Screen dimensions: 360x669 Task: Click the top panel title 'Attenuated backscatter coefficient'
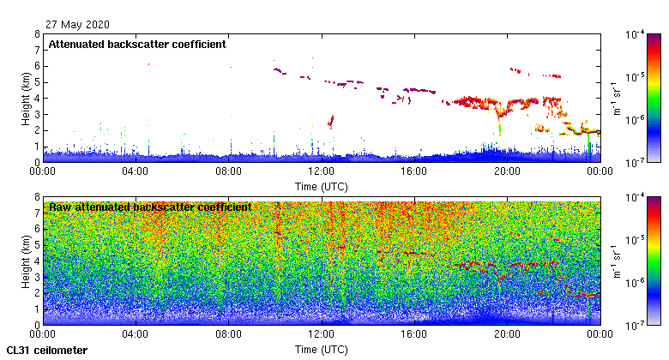(x=137, y=44)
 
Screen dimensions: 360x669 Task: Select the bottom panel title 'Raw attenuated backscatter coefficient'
(x=150, y=207)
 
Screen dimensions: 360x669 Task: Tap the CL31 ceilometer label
(x=47, y=351)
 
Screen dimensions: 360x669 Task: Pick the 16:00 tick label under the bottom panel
(x=414, y=333)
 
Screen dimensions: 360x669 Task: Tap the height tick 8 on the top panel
(x=36, y=35)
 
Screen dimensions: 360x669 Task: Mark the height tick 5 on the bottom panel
(x=36, y=246)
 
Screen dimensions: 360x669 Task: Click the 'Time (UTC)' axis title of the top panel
(x=321, y=185)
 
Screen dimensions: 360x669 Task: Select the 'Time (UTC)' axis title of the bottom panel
(x=321, y=349)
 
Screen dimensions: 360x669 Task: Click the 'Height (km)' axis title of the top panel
(x=27, y=98)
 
